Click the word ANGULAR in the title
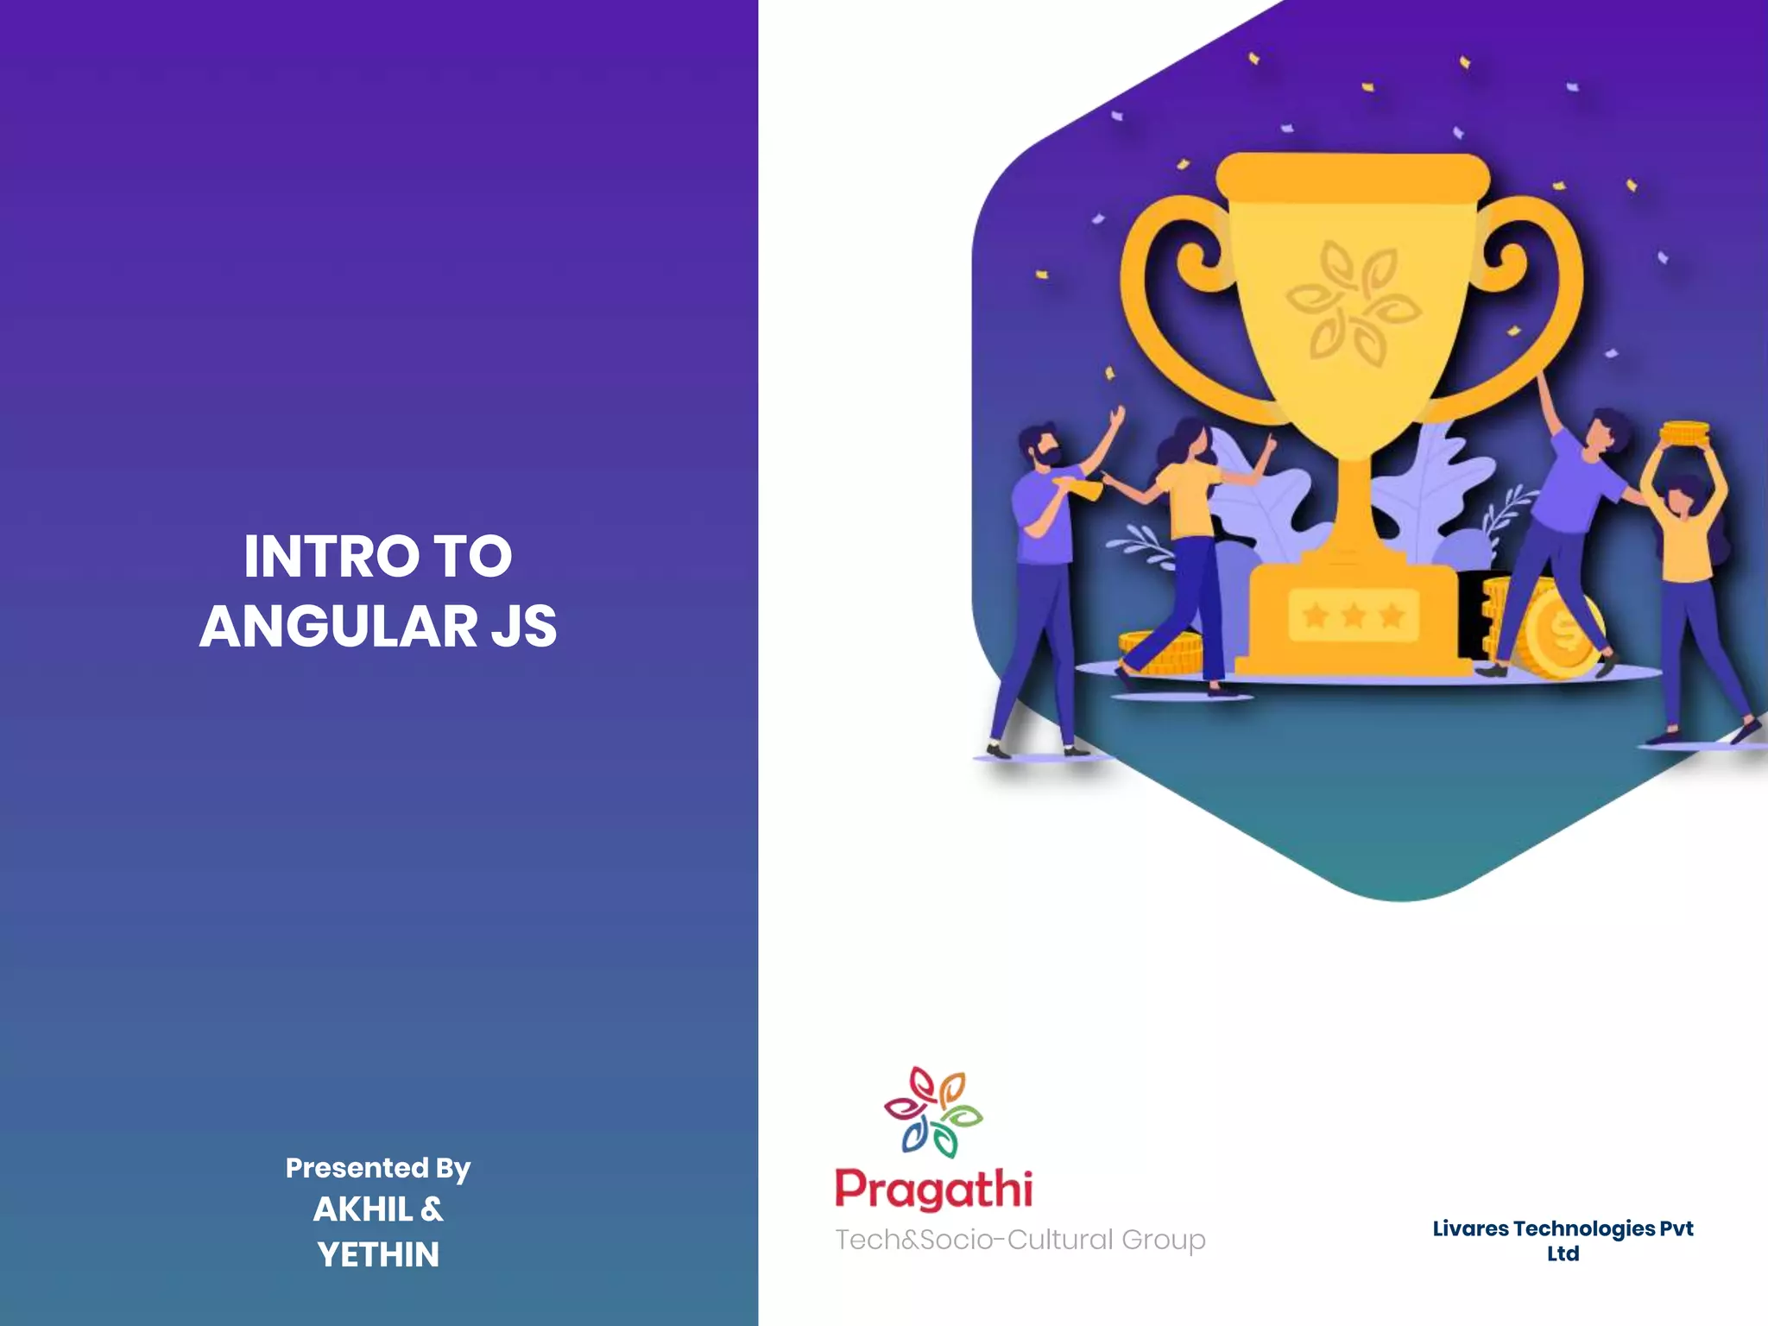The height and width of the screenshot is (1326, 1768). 338,626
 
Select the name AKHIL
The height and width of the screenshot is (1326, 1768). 363,1209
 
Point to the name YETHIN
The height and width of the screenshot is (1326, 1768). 378,1254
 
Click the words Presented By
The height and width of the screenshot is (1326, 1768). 378,1168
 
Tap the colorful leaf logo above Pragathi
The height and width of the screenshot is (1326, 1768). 933,1112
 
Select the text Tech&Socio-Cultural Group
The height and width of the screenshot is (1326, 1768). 1020,1240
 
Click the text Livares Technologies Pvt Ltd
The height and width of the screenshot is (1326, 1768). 1563,1240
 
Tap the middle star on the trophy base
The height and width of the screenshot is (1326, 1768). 1354,616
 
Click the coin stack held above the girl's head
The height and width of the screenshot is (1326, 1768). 1684,433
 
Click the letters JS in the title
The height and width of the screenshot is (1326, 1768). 524,626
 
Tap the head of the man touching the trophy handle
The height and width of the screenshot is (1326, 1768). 1604,432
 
